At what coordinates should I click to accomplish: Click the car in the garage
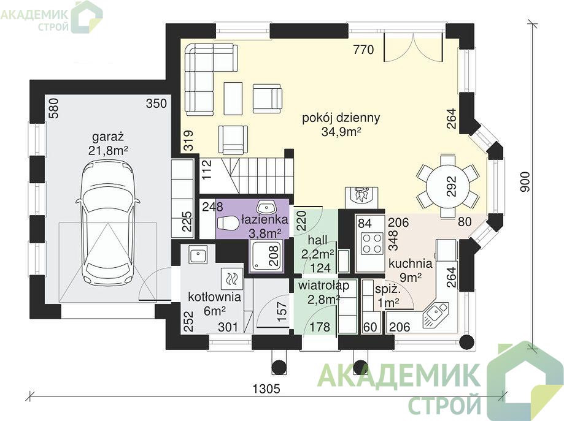107,222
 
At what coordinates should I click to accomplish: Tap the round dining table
448,186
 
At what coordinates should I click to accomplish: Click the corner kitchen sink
436,314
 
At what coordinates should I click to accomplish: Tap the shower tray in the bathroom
266,256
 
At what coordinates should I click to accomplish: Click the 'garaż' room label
108,137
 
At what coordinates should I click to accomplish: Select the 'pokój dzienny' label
341,118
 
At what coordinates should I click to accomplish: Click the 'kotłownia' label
214,297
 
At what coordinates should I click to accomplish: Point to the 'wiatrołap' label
323,286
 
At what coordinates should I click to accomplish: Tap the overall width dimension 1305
266,389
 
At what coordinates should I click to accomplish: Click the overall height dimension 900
525,182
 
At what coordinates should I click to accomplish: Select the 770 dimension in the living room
363,50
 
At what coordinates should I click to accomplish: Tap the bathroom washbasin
266,208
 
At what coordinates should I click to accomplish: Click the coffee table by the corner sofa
233,99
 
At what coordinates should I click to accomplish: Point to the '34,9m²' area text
341,132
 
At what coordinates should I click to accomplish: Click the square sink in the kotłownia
197,255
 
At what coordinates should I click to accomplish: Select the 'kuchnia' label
411,264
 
